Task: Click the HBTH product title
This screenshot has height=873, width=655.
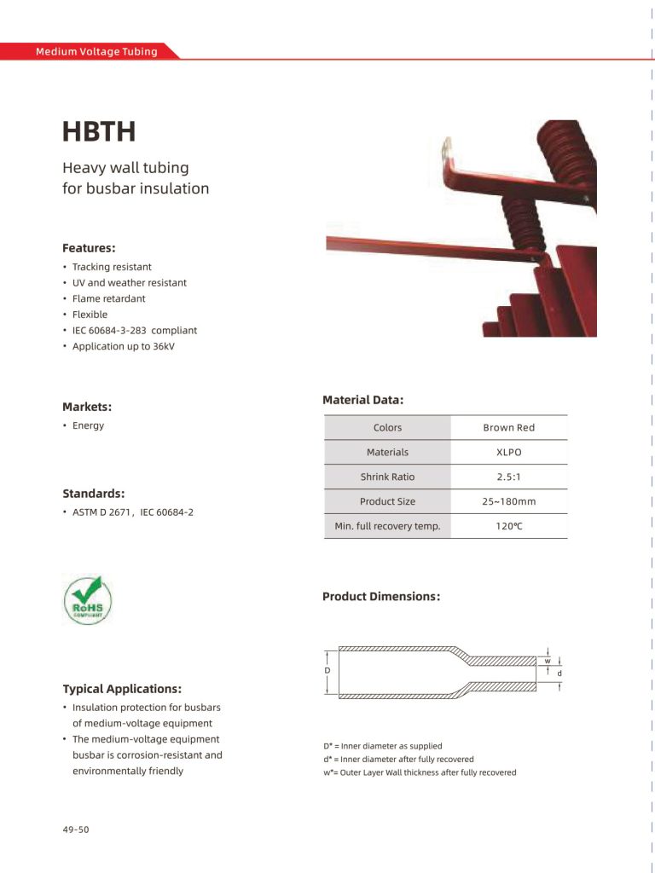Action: coord(99,132)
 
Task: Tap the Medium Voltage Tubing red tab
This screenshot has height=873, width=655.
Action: coord(96,51)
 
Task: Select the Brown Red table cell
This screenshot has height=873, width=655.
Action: coord(508,427)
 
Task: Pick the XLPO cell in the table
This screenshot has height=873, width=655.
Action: coord(508,452)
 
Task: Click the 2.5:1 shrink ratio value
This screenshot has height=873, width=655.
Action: coord(508,477)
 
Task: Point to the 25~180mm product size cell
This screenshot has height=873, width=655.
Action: coord(508,501)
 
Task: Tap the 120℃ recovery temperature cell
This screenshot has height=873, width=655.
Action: coord(508,526)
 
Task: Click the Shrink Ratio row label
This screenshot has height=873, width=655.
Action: coord(387,477)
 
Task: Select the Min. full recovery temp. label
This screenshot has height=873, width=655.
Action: coord(387,526)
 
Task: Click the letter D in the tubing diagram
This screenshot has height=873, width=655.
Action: coord(327,671)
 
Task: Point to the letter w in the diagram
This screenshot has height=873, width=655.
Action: coord(548,661)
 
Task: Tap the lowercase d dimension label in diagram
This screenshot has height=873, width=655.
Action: coord(559,674)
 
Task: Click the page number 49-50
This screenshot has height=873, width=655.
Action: coord(75,829)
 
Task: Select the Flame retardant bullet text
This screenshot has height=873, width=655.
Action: coord(108,298)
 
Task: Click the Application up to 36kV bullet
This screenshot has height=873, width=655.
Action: coord(123,346)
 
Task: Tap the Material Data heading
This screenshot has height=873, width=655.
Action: coord(362,399)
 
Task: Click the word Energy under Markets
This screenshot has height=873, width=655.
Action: coord(88,425)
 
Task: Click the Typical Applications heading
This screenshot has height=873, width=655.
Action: coord(122,689)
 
